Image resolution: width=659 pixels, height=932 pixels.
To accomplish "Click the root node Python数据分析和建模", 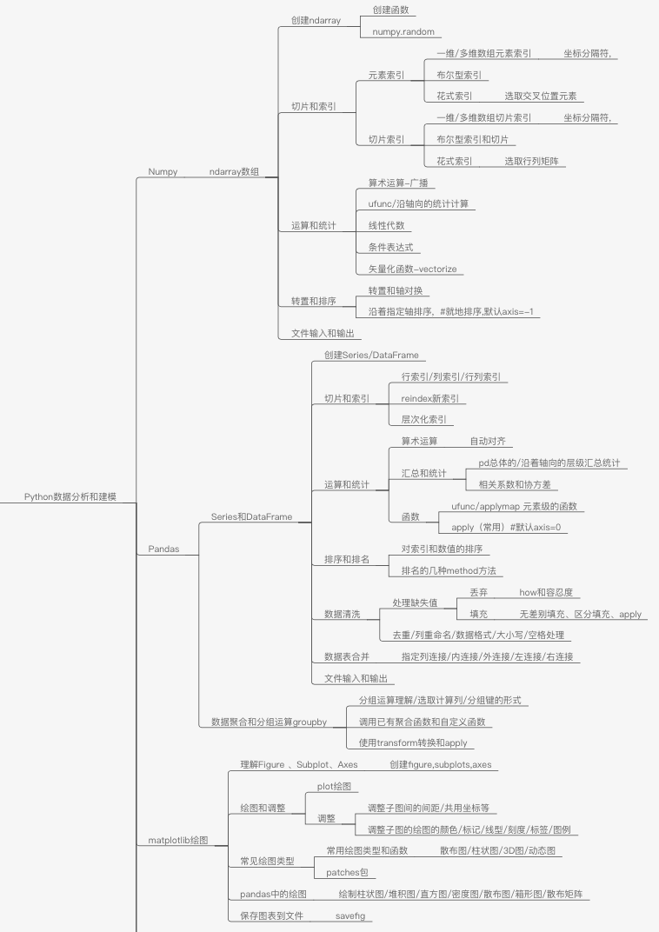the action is [70, 497].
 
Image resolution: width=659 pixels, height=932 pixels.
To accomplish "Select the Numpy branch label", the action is [163, 172].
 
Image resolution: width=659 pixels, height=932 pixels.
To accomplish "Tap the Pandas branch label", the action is [163, 549].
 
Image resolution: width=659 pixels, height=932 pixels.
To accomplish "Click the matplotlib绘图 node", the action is [178, 841].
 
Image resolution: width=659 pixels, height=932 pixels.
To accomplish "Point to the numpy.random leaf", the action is [403, 32].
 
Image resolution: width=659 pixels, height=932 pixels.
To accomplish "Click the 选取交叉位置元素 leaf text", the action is [540, 96].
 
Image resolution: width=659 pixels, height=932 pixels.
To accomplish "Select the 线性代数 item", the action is [386, 225].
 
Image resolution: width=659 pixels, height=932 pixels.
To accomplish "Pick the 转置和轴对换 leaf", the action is [395, 290].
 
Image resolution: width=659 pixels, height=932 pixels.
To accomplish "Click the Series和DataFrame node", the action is [251, 516].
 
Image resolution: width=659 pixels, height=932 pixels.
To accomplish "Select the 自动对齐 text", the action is [487, 441].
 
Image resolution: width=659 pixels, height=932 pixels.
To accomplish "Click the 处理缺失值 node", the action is [415, 602].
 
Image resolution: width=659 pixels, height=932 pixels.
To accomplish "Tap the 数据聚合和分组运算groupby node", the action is [269, 722].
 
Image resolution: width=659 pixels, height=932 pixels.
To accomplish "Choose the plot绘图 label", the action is [335, 786].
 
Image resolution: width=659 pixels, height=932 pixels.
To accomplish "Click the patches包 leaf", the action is [347, 872].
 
